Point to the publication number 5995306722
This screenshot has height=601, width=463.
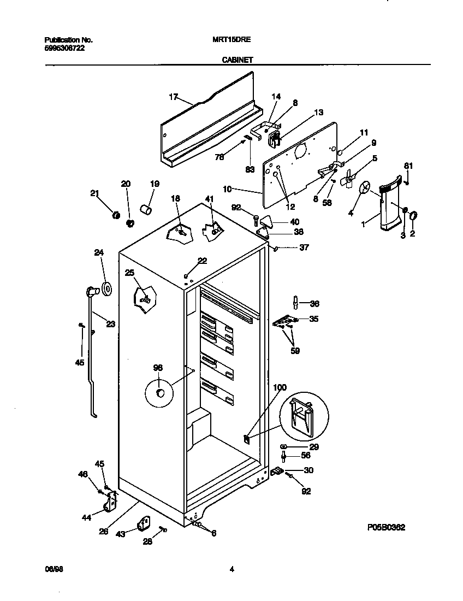64,48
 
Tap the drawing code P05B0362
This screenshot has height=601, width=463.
386,528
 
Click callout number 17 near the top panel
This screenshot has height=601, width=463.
174,97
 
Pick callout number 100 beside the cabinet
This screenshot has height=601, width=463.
279,387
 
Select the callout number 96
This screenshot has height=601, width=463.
158,368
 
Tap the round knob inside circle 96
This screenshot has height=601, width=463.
161,393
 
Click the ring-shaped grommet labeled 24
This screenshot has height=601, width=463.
106,287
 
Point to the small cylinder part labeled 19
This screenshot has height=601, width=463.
145,209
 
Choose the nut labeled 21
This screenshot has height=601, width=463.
115,215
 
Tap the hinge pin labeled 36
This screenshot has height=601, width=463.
295,302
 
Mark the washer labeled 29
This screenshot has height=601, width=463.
284,447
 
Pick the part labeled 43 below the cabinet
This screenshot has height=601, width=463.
144,524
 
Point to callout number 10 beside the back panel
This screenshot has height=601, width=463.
228,188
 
